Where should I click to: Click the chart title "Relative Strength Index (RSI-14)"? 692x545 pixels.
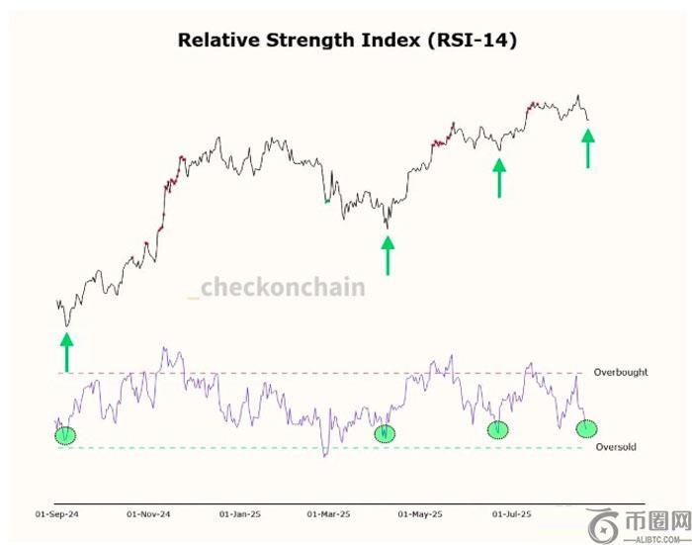(x=346, y=41)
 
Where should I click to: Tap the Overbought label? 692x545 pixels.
(x=621, y=373)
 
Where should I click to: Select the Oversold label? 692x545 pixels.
(x=616, y=448)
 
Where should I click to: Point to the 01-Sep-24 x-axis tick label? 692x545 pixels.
(x=57, y=514)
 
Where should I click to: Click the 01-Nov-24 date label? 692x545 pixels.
(x=148, y=514)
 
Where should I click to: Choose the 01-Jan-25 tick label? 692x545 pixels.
(x=240, y=514)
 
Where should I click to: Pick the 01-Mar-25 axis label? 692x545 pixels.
(x=329, y=514)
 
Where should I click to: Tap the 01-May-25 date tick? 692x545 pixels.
(x=420, y=514)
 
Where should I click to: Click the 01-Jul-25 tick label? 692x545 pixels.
(x=511, y=514)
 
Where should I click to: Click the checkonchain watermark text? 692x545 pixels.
(x=281, y=288)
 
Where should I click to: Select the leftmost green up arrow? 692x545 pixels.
(x=66, y=352)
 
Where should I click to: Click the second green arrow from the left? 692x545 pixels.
(x=388, y=254)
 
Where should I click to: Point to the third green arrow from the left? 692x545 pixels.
(x=499, y=178)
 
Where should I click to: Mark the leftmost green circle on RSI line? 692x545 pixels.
(x=65, y=434)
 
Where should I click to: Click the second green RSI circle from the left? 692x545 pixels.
(x=384, y=433)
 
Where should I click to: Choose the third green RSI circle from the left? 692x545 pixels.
(x=498, y=429)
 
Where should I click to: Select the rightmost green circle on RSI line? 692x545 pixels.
(x=587, y=428)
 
